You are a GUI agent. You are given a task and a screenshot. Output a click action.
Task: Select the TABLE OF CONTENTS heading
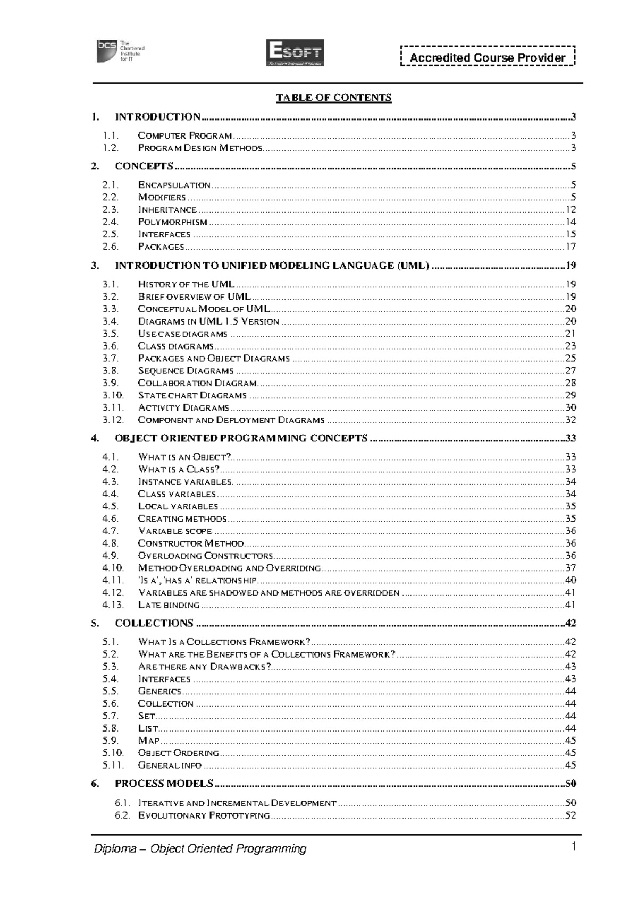[333, 97]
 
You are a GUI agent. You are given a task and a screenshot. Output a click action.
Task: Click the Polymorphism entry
[173, 222]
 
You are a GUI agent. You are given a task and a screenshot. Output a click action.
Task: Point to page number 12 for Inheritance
[570, 210]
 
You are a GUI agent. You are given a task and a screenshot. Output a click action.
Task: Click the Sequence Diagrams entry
[186, 371]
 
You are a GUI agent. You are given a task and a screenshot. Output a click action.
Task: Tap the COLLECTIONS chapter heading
[154, 623]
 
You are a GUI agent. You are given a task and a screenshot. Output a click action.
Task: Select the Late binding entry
[169, 605]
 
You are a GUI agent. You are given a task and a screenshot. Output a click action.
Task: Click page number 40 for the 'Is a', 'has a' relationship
[570, 580]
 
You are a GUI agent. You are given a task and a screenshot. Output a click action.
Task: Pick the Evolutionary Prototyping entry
[204, 815]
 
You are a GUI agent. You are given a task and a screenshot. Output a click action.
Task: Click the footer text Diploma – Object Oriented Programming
[200, 848]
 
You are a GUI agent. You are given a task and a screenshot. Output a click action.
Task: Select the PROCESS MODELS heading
[164, 784]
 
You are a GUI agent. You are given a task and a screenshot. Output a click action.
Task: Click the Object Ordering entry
[178, 753]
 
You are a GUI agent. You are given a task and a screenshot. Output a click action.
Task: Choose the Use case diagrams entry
[182, 334]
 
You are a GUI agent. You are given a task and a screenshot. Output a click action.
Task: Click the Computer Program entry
[185, 136]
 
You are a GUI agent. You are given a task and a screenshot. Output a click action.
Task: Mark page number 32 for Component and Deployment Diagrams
[570, 420]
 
